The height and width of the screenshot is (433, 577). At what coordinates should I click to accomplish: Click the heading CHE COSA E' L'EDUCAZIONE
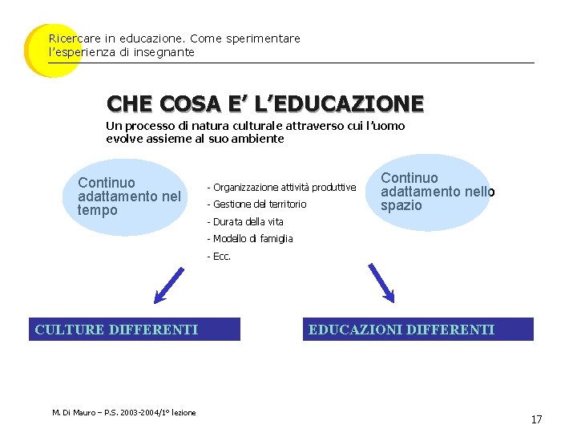[x=264, y=103]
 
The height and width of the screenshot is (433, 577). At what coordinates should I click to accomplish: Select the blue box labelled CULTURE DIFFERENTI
[x=135, y=330]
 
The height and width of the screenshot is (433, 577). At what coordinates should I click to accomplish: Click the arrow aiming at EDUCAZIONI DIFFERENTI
[x=380, y=282]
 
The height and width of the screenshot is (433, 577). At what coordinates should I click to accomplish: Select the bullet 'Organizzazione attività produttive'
[x=281, y=187]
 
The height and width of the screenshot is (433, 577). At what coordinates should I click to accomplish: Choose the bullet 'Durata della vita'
[x=245, y=221]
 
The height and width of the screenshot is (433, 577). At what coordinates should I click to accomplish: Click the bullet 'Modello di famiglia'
[x=250, y=239]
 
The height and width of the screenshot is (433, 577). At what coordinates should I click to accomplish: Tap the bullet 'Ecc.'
[x=219, y=257]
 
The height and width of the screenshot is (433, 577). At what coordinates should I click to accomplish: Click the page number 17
[x=536, y=419]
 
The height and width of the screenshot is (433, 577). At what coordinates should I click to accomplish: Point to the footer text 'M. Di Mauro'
[x=72, y=412]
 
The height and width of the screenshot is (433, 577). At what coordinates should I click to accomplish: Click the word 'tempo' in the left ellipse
[x=98, y=210]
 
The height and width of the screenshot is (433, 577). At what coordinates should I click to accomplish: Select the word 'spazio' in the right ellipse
[x=401, y=205]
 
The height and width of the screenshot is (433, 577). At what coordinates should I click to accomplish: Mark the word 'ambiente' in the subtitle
[x=259, y=139]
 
